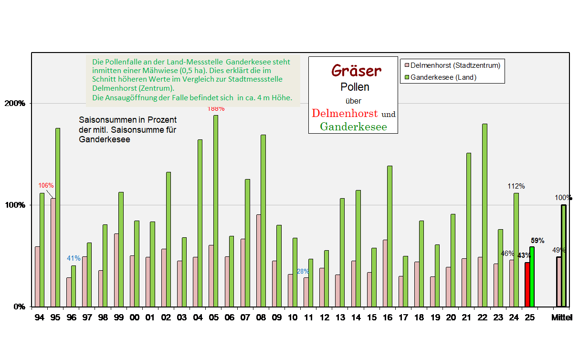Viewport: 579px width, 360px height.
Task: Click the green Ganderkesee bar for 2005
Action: point(216,211)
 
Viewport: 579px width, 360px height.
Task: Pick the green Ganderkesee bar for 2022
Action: point(485,215)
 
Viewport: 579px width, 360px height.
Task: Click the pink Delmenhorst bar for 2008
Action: point(259,260)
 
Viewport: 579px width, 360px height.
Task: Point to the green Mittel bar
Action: point(564,255)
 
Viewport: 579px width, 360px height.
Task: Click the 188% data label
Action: point(216,109)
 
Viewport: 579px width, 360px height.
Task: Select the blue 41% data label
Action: point(74,258)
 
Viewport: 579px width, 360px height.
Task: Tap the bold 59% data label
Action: point(537,241)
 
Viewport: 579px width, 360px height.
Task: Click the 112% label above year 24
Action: point(516,186)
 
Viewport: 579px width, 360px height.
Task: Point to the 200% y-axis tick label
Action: point(15,104)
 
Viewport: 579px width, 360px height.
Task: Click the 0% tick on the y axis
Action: point(19,307)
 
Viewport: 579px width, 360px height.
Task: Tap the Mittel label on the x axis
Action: point(562,318)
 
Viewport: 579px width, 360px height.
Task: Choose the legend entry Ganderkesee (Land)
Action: point(443,77)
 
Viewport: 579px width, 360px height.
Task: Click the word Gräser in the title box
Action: point(356,71)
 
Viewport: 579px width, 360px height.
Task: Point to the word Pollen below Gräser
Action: point(354,87)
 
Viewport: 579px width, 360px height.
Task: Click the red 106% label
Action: point(46,185)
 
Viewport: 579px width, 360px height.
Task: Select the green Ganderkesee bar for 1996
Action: point(74,286)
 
